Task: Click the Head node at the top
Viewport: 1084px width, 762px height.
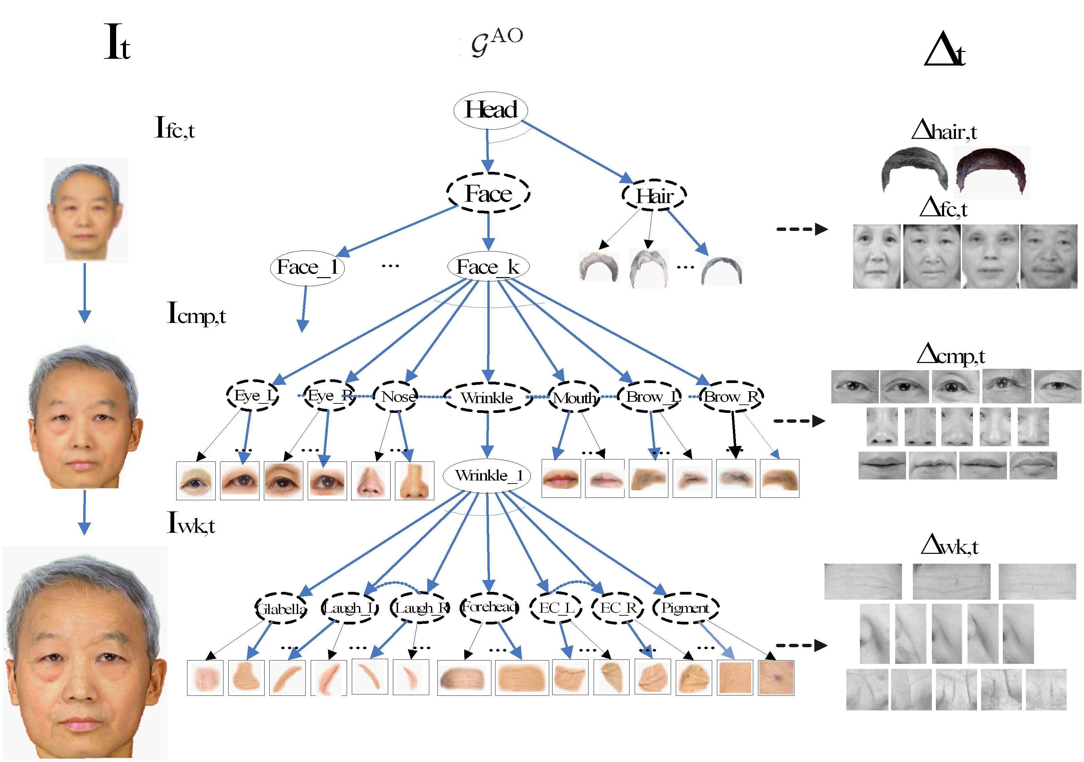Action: [490, 110]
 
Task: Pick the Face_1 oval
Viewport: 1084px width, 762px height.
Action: [307, 268]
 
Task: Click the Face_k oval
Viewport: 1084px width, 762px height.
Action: [488, 267]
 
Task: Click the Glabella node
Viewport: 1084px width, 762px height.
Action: [282, 609]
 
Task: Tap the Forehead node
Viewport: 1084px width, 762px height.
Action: [490, 607]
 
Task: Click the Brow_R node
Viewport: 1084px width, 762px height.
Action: [731, 397]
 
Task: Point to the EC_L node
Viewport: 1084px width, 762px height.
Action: [556, 608]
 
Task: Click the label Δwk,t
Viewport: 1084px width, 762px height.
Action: [950, 545]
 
